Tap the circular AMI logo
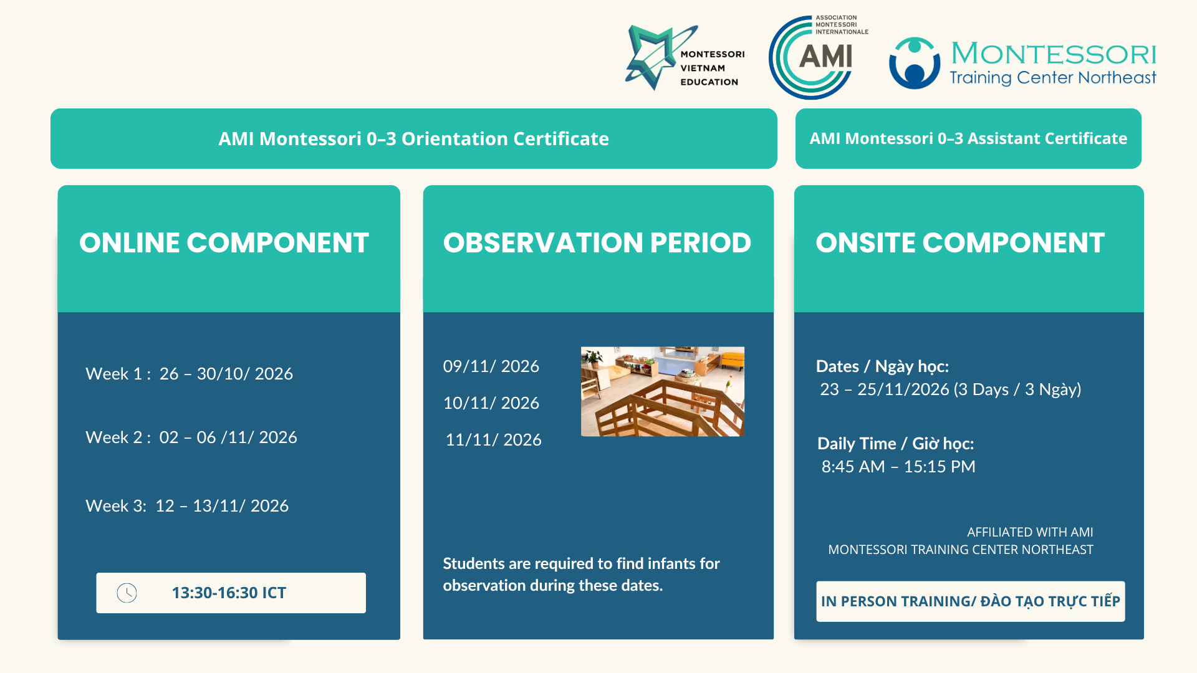tap(811, 58)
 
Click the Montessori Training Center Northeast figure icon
tap(914, 63)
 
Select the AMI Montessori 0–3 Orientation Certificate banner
tap(413, 138)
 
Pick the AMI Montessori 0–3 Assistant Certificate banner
tap(968, 138)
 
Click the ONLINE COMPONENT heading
tap(224, 242)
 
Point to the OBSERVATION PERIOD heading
tap(597, 242)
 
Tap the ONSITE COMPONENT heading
tap(960, 242)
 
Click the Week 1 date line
tap(189, 373)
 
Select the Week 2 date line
tap(191, 437)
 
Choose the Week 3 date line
tap(187, 505)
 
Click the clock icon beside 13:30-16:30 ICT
tap(127, 593)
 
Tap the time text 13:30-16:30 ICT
tap(229, 593)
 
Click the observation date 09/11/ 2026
tap(491, 366)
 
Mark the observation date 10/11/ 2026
tap(491, 403)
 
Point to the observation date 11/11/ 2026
tap(493, 439)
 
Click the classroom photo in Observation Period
tap(663, 391)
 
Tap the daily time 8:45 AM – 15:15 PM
tap(898, 466)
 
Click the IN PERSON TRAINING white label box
tap(971, 601)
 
